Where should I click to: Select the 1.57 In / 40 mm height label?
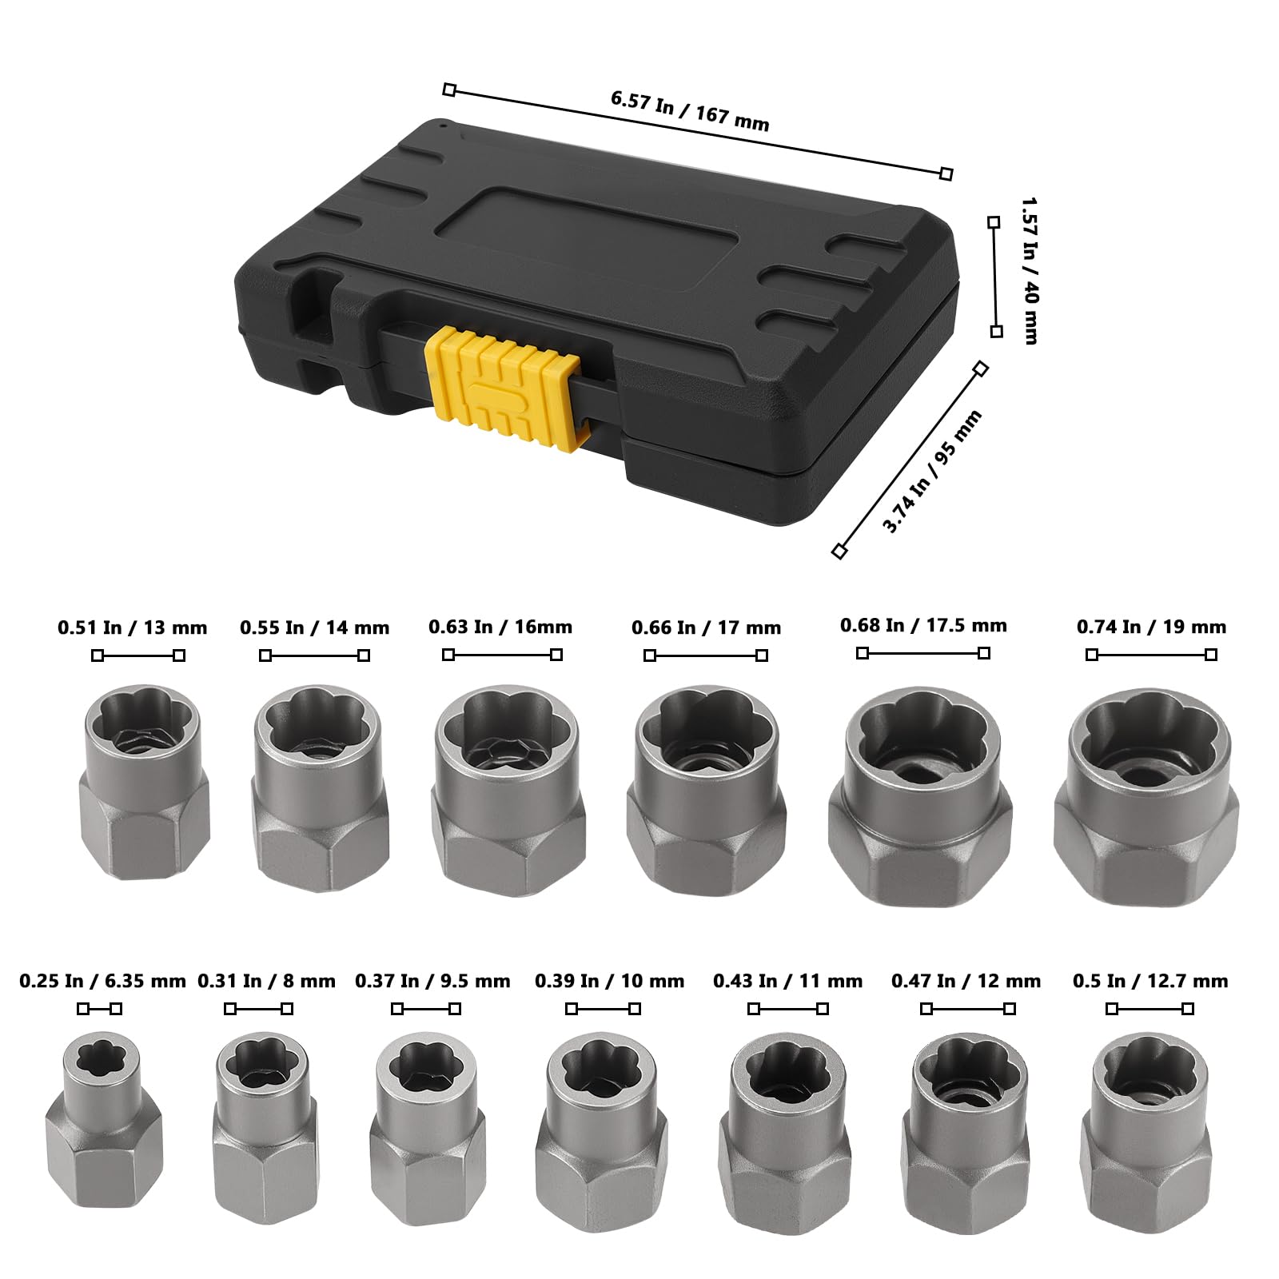(1030, 271)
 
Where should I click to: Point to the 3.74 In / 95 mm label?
(931, 471)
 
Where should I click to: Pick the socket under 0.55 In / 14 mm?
(321, 787)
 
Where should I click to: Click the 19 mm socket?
(1146, 796)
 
